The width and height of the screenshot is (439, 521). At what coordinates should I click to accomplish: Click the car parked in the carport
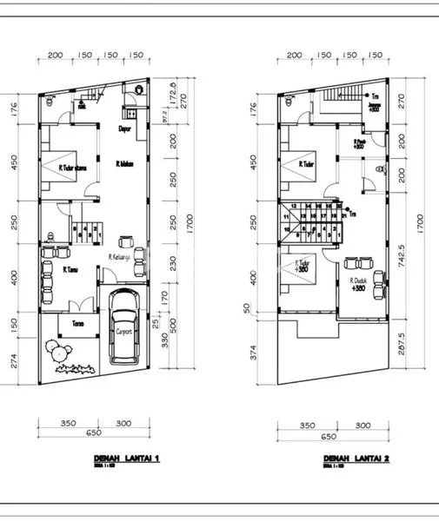coord(124,327)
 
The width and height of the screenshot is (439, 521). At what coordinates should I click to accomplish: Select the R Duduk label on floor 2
coord(358,281)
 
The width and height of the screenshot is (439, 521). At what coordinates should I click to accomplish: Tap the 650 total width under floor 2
coord(329,437)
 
